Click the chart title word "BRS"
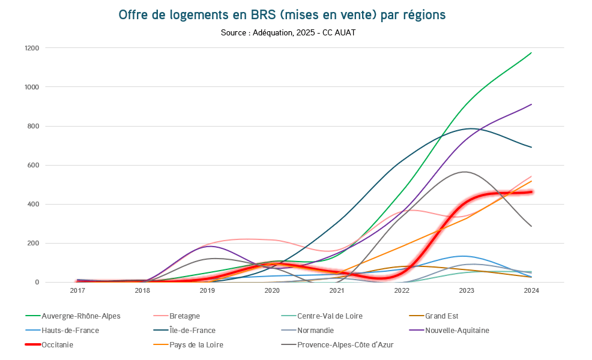(259, 15)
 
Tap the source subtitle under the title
(288, 33)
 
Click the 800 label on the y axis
(33, 126)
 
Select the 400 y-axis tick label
(33, 204)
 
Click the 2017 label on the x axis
(77, 291)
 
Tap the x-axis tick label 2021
(337, 291)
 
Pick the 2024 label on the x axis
(531, 291)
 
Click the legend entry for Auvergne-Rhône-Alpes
(81, 316)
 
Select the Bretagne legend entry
(184, 316)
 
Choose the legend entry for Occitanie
(58, 345)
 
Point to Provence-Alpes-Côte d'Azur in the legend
(345, 345)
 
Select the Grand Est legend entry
(441, 316)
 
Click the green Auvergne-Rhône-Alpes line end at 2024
(531, 53)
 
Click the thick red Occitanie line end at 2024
(531, 192)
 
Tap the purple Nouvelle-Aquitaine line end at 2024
(531, 104)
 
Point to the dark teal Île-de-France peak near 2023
(471, 128)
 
